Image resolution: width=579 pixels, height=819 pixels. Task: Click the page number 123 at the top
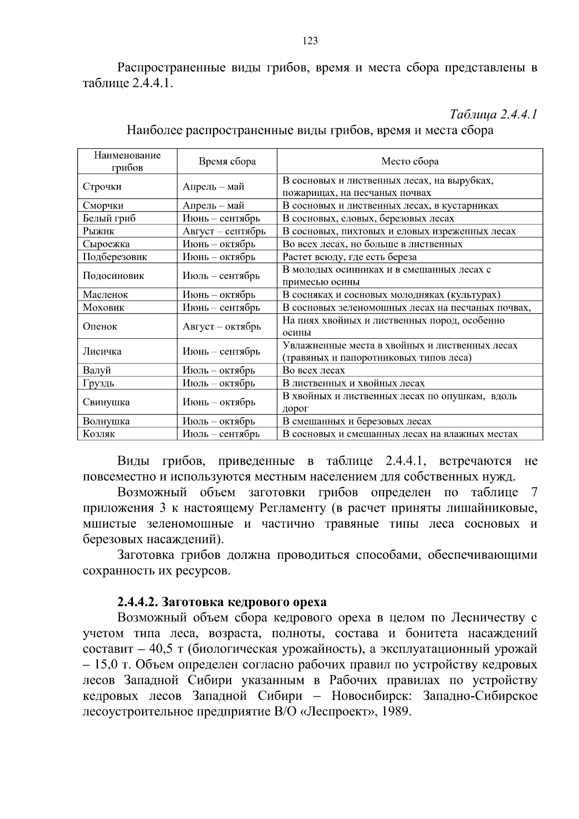pyautogui.click(x=310, y=41)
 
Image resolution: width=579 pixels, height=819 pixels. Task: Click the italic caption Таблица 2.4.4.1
pyautogui.click(x=493, y=114)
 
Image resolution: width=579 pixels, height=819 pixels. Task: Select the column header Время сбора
pyautogui.click(x=227, y=162)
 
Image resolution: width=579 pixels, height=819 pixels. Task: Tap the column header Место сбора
pyautogui.click(x=410, y=162)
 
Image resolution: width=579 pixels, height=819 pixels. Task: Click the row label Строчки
pyautogui.click(x=102, y=187)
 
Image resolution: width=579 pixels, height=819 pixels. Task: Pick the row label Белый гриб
pyautogui.click(x=109, y=218)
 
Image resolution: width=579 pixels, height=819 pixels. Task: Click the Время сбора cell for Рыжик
pyautogui.click(x=224, y=231)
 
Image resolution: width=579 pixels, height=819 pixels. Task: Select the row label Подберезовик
pyautogui.click(x=115, y=257)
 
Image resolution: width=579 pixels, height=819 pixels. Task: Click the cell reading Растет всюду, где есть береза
pyautogui.click(x=349, y=257)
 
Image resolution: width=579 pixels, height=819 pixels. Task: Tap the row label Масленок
pyautogui.click(x=105, y=294)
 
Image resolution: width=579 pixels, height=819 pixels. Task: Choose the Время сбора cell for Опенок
pyautogui.click(x=221, y=326)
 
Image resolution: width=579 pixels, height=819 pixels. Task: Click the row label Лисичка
pyautogui.click(x=102, y=351)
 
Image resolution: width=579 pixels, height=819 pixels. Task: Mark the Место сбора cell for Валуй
pyautogui.click(x=314, y=370)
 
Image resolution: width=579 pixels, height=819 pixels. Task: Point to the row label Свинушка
pyautogui.click(x=106, y=402)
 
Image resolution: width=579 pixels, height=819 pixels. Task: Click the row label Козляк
pyautogui.click(x=99, y=434)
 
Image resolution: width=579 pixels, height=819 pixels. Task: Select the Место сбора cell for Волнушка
pyautogui.click(x=357, y=421)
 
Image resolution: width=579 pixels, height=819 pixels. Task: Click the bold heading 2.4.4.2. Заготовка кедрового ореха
pyautogui.click(x=221, y=602)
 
